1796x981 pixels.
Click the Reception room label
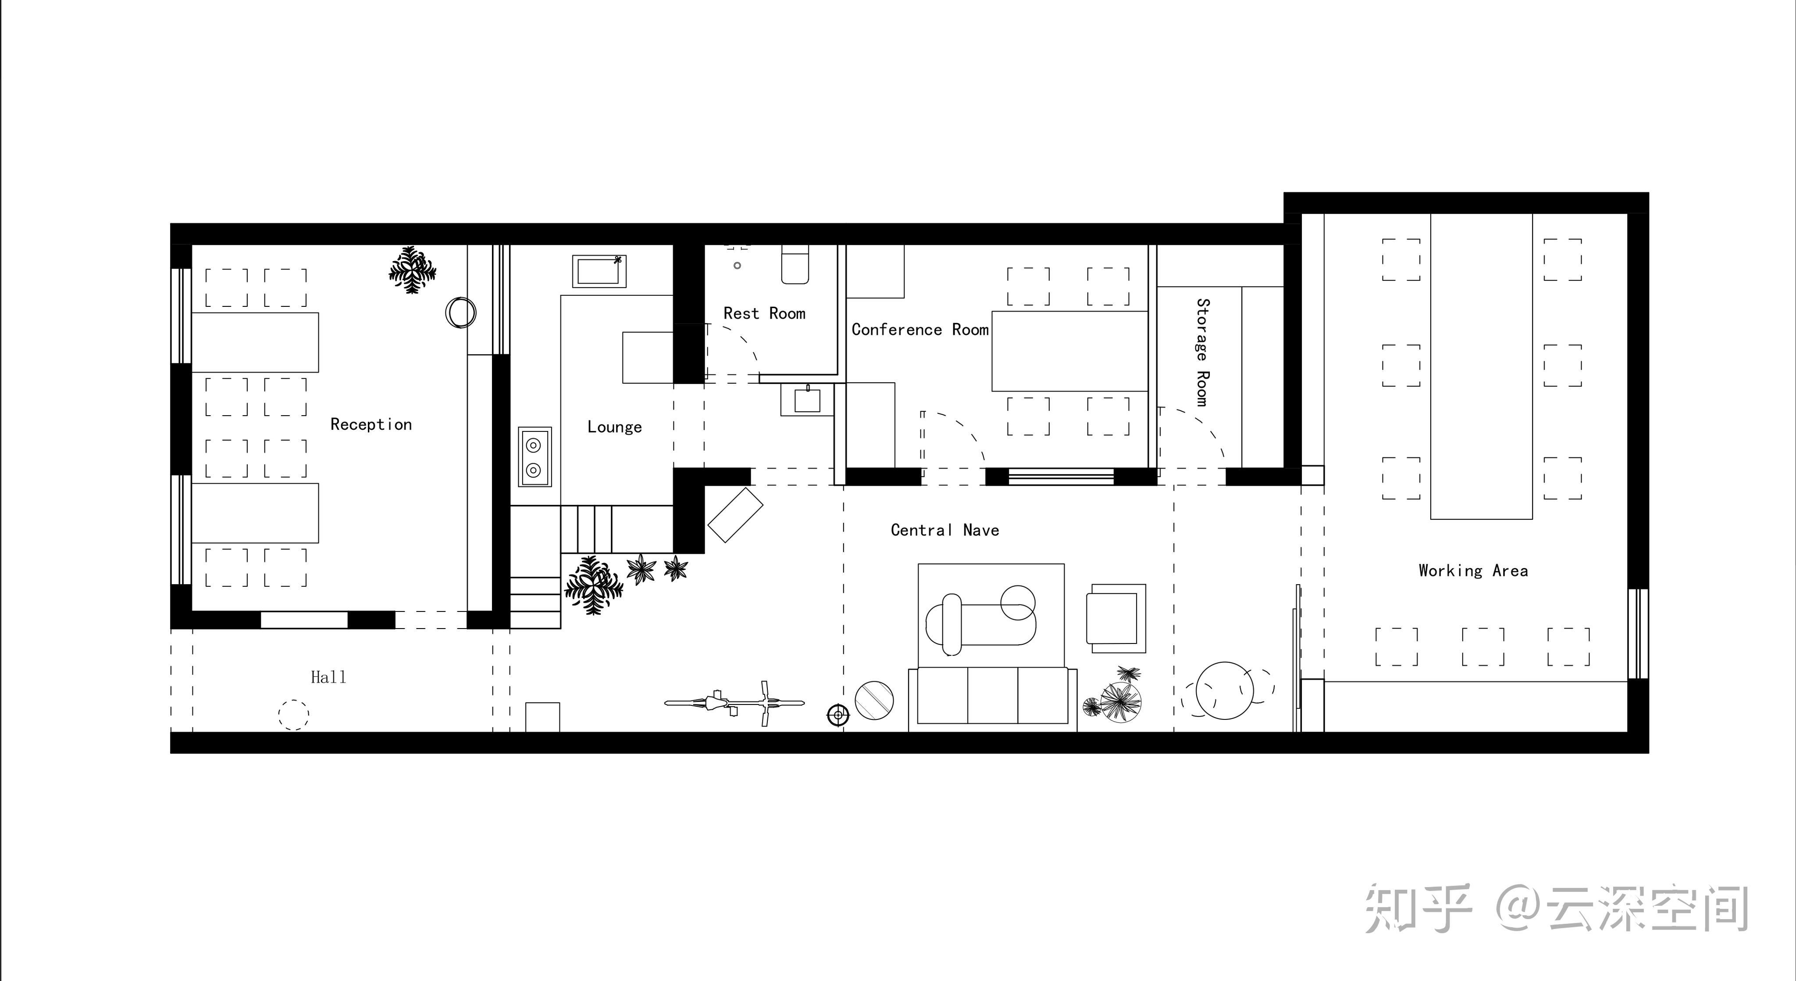[x=371, y=424]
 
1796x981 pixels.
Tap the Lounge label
[x=614, y=427]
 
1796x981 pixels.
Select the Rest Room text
[x=764, y=313]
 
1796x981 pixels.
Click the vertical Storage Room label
[x=1203, y=352]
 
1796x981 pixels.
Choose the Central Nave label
[x=945, y=530]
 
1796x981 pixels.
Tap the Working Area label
[x=1473, y=571]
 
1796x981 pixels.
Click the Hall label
[x=328, y=677]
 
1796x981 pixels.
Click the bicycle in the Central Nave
[x=734, y=703]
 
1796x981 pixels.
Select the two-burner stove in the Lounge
[x=535, y=456]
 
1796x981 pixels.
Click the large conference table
[x=1069, y=351]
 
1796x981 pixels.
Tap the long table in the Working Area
[x=1482, y=367]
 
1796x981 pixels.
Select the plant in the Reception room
[x=413, y=270]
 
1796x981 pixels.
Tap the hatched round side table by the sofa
[x=874, y=700]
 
